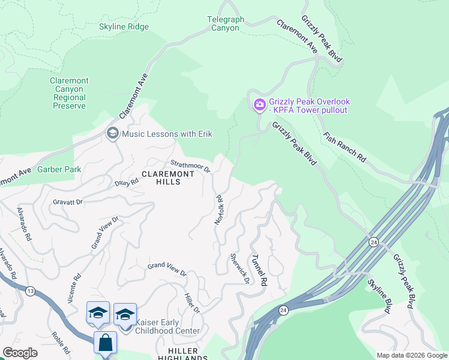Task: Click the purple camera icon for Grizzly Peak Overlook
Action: pos(259,106)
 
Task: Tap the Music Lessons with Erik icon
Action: pos(112,133)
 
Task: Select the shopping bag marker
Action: pos(105,343)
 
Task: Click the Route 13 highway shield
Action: pos(30,290)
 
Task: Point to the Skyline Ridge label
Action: pos(124,27)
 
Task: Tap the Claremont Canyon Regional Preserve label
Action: pos(69,94)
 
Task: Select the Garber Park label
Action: pos(59,170)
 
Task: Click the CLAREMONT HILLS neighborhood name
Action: pos(168,178)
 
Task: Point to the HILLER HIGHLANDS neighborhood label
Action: pos(182,354)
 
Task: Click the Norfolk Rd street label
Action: pos(219,209)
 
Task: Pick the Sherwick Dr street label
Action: pos(239,269)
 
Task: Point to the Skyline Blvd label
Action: pos(379,296)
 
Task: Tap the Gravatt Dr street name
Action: pos(67,202)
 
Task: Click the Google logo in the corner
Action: pos(20,353)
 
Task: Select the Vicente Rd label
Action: pos(74,289)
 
